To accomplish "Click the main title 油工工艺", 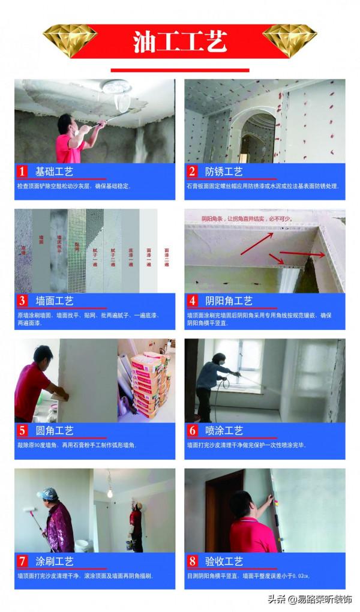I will (179, 43).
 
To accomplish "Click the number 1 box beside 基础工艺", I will (22, 172).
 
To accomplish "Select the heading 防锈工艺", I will (224, 172).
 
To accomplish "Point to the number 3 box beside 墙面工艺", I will (22, 301).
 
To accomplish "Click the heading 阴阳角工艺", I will (229, 301).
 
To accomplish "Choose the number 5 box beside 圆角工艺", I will (22, 431).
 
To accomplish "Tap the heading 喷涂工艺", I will (224, 431).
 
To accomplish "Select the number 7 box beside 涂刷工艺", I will (22, 561).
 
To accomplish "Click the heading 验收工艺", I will (224, 561).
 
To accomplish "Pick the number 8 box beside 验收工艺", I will (192, 561).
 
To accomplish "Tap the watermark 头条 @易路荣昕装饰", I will (311, 599).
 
